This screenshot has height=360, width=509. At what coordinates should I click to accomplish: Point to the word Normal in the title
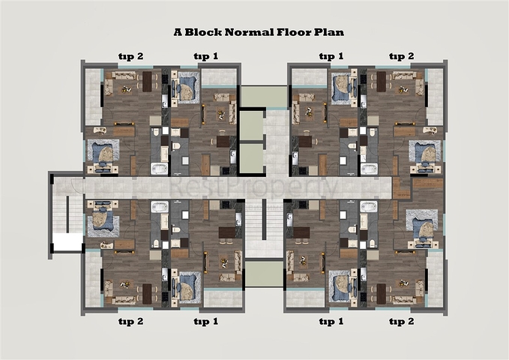click(x=250, y=32)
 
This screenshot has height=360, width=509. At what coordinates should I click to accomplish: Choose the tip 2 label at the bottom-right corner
click(x=402, y=321)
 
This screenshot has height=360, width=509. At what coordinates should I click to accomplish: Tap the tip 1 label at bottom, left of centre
click(x=205, y=321)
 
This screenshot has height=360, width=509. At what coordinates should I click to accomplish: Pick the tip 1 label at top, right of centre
click(x=331, y=55)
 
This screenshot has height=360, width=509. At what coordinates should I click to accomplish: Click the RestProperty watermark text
click(x=254, y=185)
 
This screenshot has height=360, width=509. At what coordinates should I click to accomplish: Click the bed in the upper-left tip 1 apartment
click(x=185, y=84)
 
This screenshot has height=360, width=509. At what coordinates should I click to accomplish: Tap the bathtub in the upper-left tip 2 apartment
click(x=159, y=168)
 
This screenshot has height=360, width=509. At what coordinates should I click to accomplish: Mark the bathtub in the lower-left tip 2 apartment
click(x=159, y=206)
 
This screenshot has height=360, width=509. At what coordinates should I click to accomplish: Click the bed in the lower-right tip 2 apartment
click(x=423, y=223)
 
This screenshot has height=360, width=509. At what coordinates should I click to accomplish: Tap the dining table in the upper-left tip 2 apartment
click(x=147, y=81)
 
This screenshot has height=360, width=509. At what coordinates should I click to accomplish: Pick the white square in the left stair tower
click(x=66, y=241)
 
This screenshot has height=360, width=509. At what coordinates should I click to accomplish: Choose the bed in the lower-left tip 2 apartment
click(x=103, y=221)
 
